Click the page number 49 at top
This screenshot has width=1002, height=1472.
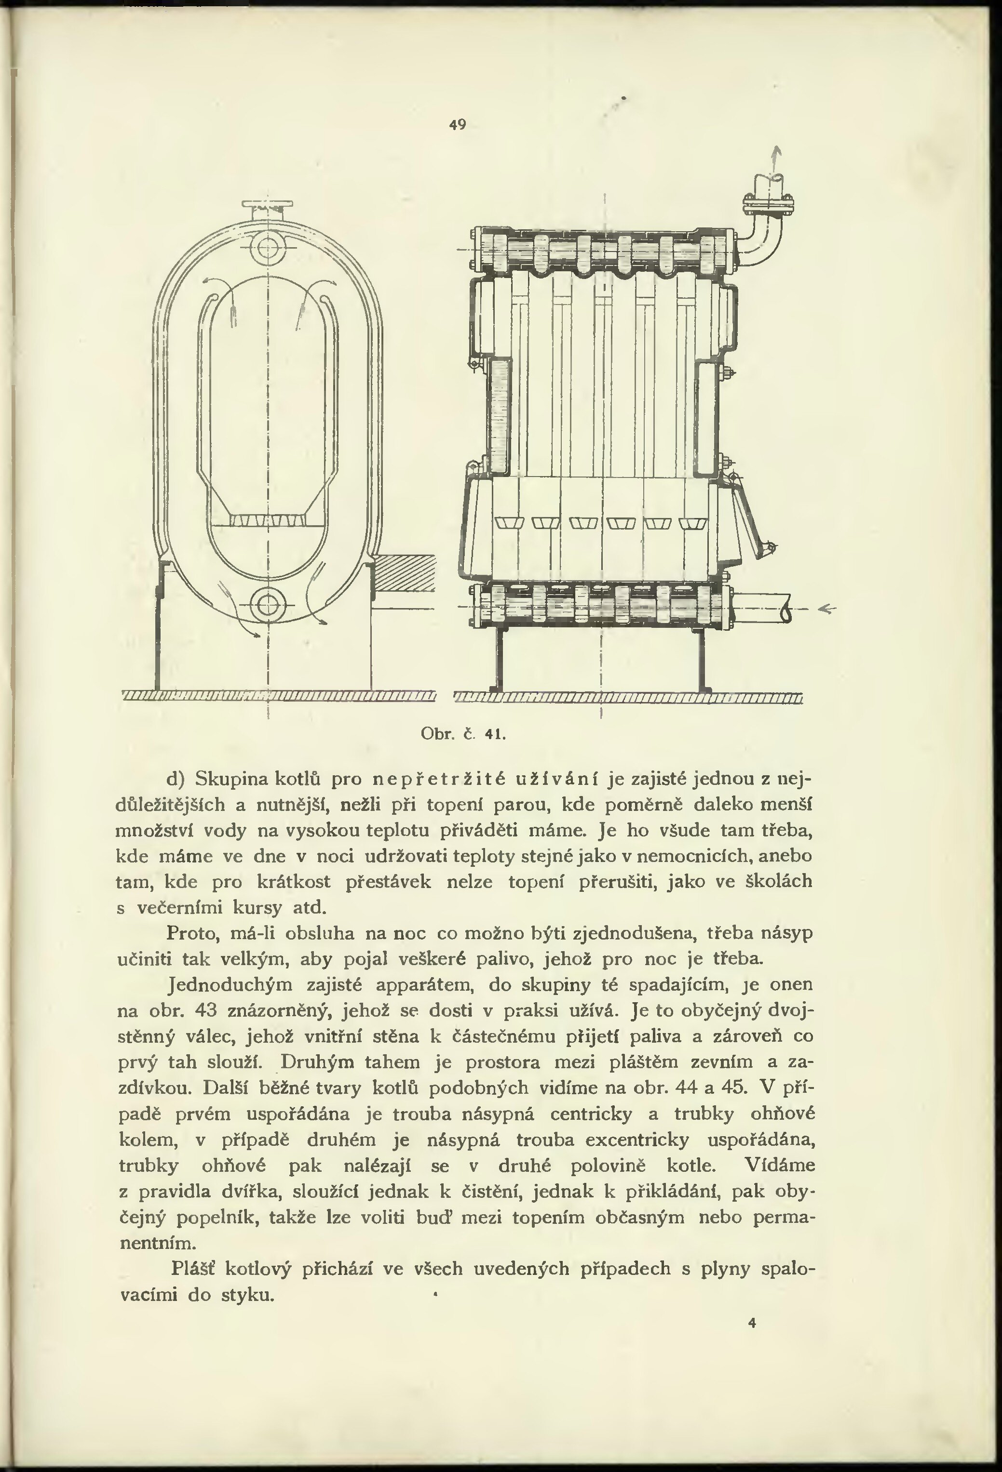[x=458, y=125]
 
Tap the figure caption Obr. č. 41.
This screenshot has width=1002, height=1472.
[x=462, y=734]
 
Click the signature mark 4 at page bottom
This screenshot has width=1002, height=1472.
[x=752, y=1323]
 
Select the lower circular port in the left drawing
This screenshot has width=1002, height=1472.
[x=268, y=606]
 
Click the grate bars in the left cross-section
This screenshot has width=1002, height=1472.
[x=268, y=519]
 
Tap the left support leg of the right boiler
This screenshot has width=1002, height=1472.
[x=496, y=659]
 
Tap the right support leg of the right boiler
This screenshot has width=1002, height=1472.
[x=702, y=659]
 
